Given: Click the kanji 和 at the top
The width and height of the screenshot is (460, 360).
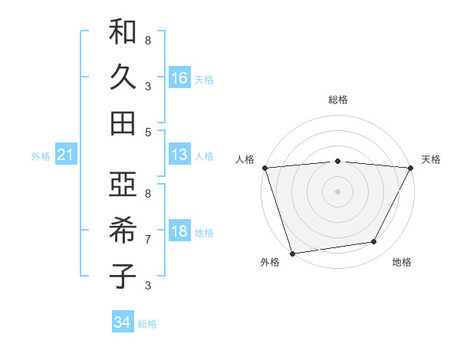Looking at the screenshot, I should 123,32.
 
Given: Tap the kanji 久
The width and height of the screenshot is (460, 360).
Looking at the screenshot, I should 123,77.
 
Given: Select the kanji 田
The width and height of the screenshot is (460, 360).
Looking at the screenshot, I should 123,123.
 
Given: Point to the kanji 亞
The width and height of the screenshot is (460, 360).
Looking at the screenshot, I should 123,185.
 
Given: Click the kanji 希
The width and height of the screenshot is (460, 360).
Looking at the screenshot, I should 123,231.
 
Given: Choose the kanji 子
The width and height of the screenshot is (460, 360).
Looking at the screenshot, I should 123,276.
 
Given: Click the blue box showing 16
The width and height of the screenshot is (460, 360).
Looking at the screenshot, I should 179,77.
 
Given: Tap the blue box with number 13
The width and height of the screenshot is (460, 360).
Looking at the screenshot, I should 179,155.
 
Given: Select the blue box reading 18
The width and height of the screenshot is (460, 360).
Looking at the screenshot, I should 179,231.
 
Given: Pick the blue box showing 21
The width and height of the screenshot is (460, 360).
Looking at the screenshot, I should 66,155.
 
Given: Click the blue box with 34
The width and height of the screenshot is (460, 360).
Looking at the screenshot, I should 123,322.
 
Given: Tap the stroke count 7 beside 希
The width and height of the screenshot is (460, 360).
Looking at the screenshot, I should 148,240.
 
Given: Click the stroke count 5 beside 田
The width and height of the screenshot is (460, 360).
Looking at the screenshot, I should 148,132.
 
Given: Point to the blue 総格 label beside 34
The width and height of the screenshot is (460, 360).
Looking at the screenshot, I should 147,324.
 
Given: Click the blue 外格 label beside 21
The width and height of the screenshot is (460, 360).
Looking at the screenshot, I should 41,156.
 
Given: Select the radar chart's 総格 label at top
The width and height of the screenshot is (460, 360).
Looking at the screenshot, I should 337,100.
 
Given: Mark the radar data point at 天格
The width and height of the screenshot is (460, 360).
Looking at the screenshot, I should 411,168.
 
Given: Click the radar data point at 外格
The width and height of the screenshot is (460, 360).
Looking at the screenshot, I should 292,253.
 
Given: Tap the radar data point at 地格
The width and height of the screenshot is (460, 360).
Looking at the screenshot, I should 374,242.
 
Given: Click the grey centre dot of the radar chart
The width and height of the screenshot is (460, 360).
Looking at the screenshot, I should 337,191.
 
